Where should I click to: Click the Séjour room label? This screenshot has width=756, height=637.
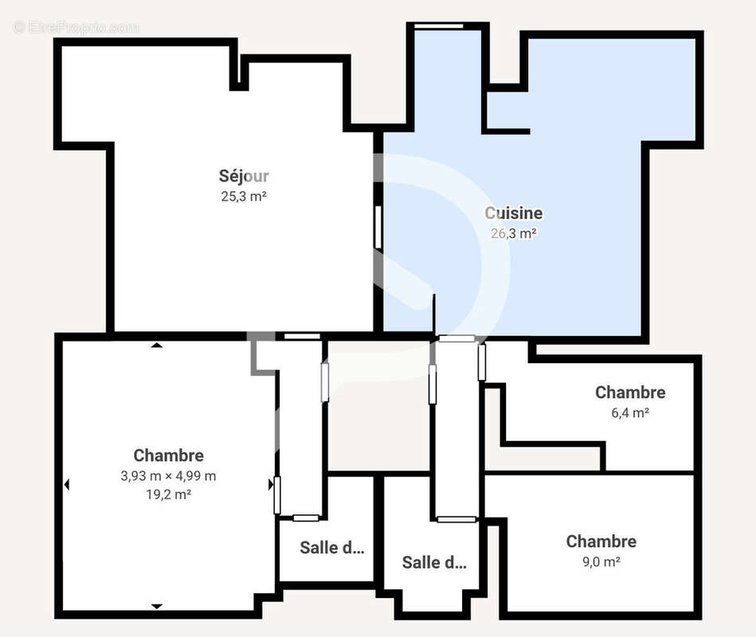(x=244, y=176)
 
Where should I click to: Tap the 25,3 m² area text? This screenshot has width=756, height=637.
(x=244, y=196)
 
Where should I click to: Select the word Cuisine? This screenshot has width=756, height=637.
(x=514, y=213)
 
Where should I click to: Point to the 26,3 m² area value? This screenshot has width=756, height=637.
(x=514, y=233)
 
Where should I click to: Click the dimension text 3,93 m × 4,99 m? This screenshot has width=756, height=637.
(x=168, y=476)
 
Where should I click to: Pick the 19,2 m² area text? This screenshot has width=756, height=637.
(x=168, y=494)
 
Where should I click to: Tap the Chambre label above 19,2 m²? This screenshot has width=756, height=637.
(x=168, y=455)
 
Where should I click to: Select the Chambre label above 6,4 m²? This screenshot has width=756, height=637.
(x=630, y=393)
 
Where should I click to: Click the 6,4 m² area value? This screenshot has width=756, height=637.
(x=630, y=412)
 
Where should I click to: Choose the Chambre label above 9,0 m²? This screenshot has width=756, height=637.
(x=601, y=541)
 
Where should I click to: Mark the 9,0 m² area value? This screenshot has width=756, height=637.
(x=601, y=561)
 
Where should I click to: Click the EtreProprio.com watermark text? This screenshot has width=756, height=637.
(x=76, y=27)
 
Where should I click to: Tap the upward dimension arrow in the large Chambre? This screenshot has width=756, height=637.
(x=157, y=346)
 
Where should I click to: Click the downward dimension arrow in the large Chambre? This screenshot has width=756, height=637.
(x=157, y=606)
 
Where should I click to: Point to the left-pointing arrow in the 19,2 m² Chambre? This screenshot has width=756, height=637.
(x=67, y=484)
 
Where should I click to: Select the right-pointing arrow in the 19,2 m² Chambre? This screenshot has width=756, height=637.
(x=271, y=484)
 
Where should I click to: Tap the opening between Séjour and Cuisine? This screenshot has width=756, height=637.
(x=378, y=227)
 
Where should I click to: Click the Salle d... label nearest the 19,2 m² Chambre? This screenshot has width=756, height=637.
(x=331, y=548)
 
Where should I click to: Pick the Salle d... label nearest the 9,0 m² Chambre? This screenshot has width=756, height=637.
(x=434, y=563)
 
